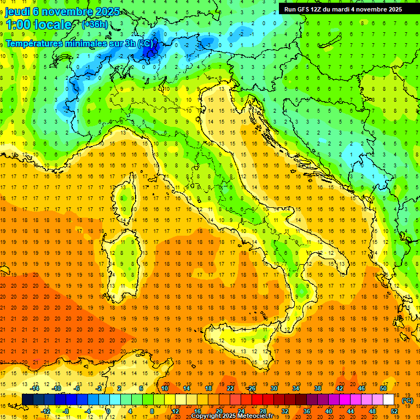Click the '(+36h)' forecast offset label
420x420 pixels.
point(94,25)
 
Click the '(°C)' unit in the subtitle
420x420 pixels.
point(145,43)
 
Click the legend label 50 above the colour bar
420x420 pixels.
point(383,388)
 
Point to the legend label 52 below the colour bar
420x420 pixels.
point(394,411)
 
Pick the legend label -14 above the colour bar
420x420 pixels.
point(35,388)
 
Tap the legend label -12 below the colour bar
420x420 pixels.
point(46,411)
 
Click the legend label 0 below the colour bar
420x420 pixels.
point(108,411)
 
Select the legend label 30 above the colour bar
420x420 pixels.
point(273,388)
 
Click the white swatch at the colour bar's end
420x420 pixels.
point(389,400)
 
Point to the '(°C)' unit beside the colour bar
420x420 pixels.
point(407,400)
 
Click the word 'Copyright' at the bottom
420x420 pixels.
point(207,417)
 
